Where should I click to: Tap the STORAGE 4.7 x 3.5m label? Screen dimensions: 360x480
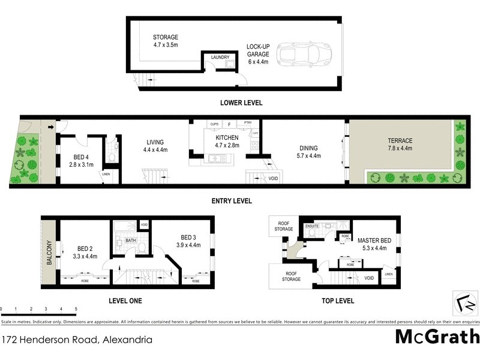(x=165, y=41)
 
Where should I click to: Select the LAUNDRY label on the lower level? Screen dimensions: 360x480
(x=220, y=58)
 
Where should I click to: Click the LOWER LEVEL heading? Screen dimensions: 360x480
(x=241, y=103)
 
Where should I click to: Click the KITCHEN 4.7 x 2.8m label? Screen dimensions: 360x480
(x=223, y=141)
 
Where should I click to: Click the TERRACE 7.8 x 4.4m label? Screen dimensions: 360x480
(x=400, y=145)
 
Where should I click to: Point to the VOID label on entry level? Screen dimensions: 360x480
(x=273, y=178)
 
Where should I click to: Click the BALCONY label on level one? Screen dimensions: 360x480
(x=49, y=253)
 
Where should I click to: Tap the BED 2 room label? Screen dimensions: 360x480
(x=84, y=252)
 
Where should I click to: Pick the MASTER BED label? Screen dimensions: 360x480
(x=375, y=244)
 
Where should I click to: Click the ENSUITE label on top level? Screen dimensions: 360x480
(x=311, y=226)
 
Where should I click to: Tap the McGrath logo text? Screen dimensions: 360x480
(x=436, y=337)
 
